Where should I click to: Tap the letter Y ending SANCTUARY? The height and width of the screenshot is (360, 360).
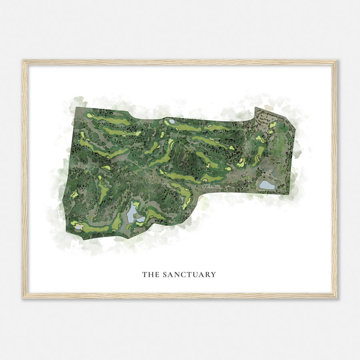[x=214, y=274]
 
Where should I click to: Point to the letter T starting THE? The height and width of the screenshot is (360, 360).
[x=144, y=274]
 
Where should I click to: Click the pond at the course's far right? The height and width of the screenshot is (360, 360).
[x=267, y=185]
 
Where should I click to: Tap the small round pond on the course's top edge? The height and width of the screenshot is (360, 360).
[x=172, y=121]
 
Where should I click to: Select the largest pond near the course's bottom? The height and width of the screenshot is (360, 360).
[x=132, y=212]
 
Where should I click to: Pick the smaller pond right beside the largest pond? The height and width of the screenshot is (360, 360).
[x=140, y=219]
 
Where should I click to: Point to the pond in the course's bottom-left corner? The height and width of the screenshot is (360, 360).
[x=79, y=227]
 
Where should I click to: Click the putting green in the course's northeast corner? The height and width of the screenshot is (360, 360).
[x=273, y=124]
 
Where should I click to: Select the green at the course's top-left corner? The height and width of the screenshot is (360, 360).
[x=90, y=116]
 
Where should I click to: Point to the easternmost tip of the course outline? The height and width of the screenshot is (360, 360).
[x=296, y=129]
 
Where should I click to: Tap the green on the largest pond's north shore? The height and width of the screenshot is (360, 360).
[x=136, y=204]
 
